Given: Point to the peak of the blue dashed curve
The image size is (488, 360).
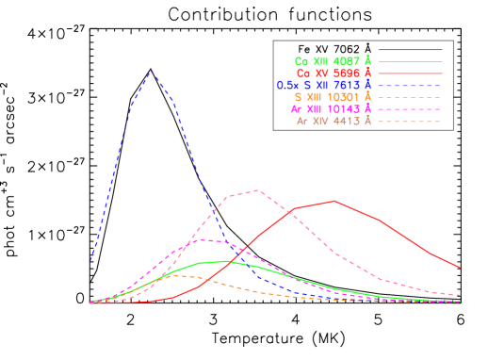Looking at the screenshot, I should click(x=152, y=72).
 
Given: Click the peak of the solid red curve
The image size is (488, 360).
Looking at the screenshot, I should click(x=334, y=201).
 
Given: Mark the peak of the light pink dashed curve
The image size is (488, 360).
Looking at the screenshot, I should click(x=256, y=190).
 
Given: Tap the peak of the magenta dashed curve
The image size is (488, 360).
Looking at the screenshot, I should click(x=202, y=239).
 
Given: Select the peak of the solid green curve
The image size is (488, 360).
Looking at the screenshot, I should click(x=226, y=261).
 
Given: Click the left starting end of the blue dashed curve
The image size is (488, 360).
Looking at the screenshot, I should click(x=90, y=260).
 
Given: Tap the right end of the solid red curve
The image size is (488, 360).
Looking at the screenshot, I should click(x=460, y=268).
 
